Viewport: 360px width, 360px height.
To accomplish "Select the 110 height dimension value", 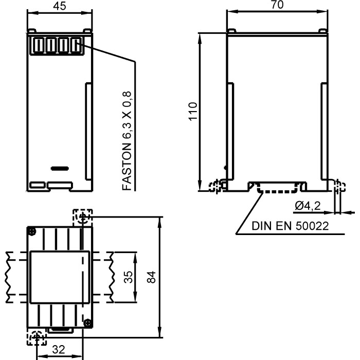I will pos(192,111).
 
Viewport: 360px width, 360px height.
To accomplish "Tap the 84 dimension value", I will pos(151,277).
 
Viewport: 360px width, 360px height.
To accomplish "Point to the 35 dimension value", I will pos(129,277).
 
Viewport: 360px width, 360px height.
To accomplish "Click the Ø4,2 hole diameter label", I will pos(308,206).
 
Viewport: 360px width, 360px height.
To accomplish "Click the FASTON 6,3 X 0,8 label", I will pos(128,141).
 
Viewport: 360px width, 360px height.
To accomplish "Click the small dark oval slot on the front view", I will pos(59,168).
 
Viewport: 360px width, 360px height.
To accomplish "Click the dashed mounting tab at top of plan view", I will pos(82,218).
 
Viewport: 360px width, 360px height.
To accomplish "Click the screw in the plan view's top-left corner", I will pos(32,231).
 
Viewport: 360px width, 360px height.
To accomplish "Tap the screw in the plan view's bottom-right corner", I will pos(88,322).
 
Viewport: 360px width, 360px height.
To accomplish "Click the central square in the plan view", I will pos(59,277).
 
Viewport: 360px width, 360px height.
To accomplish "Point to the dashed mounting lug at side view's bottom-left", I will pos(217,185).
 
